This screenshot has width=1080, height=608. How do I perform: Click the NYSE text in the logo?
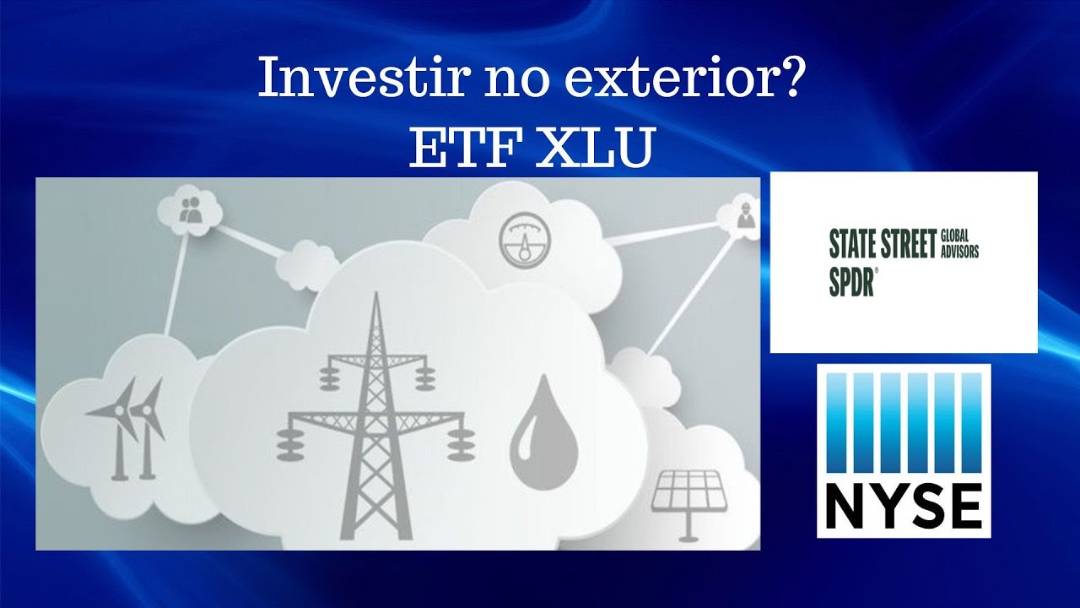(903, 504)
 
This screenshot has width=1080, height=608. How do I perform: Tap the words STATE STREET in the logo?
(883, 246)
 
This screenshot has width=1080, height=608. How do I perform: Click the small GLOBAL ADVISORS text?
(960, 246)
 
